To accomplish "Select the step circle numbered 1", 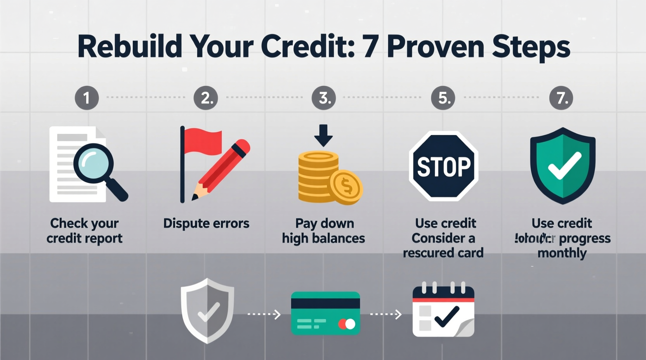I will pyautogui.click(x=87, y=97).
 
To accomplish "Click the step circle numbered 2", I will pyautogui.click(x=206, y=97).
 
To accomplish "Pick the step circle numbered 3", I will pyautogui.click(x=324, y=97).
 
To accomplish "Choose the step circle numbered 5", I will pyautogui.click(x=443, y=97).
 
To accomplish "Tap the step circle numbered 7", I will pyautogui.click(x=561, y=97).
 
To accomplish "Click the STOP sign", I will pyautogui.click(x=443, y=166).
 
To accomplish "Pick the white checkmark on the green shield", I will pyautogui.click(x=564, y=166).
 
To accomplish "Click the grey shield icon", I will pyautogui.click(x=207, y=310).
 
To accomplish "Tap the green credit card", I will pyautogui.click(x=325, y=313).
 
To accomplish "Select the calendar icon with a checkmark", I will pyautogui.click(x=443, y=312).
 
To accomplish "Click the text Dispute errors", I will pyautogui.click(x=206, y=223).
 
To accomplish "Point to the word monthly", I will pyautogui.click(x=562, y=253).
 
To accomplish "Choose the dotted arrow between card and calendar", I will pyautogui.click(x=386, y=314).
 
